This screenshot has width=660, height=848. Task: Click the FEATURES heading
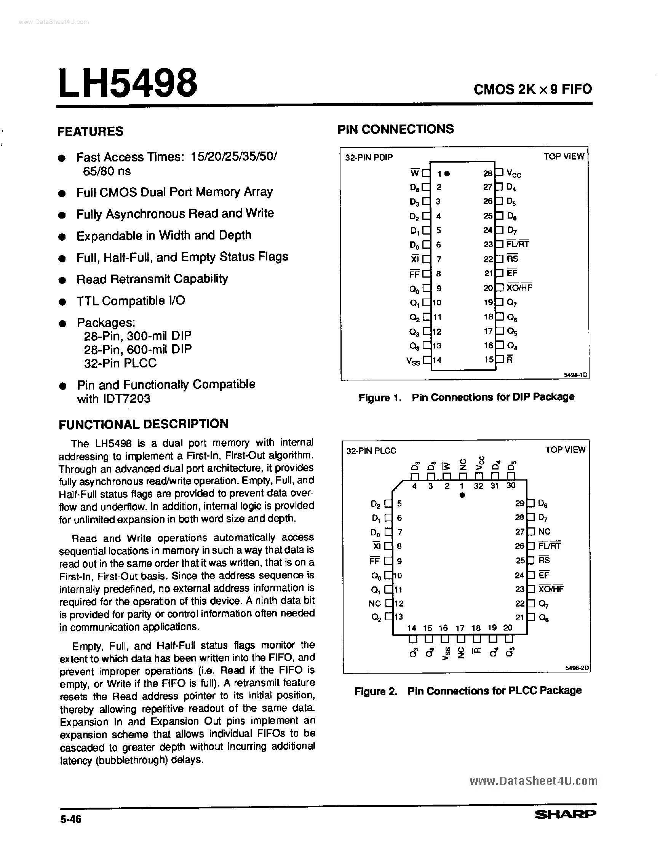click(x=90, y=131)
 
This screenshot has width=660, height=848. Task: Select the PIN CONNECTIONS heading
click(x=395, y=129)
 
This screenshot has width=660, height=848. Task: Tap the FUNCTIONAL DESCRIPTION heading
click(x=143, y=423)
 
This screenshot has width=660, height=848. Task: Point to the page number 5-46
click(x=71, y=819)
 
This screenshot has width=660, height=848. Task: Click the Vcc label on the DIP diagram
click(x=514, y=174)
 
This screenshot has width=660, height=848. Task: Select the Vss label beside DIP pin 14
click(x=413, y=361)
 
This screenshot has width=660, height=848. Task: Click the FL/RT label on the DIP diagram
click(x=518, y=244)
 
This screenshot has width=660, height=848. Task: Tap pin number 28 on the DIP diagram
click(x=487, y=173)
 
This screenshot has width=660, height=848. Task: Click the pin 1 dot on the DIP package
click(x=447, y=174)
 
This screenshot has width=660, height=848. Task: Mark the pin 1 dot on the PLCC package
click(x=462, y=495)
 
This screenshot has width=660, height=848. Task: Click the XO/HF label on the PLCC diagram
click(x=551, y=589)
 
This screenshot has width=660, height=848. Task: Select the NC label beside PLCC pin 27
click(x=544, y=531)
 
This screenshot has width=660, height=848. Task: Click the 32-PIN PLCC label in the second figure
click(x=371, y=450)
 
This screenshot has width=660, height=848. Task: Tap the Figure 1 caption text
click(x=466, y=397)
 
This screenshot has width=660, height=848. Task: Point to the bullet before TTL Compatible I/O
click(x=62, y=302)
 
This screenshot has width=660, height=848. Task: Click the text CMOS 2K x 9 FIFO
click(x=532, y=90)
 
